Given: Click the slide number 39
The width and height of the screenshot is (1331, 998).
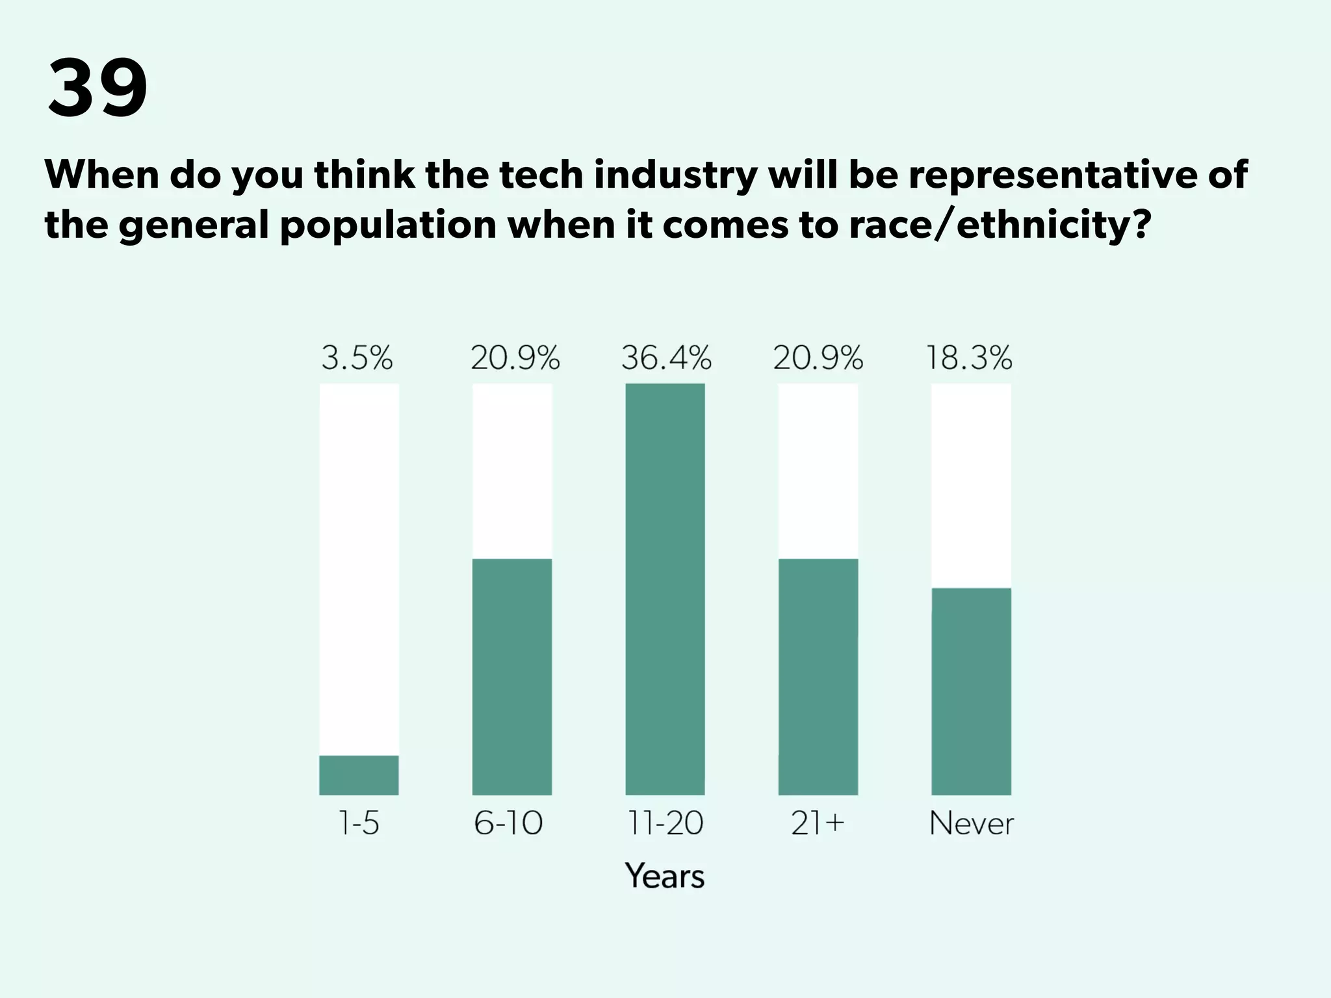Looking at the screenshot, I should point(97,88).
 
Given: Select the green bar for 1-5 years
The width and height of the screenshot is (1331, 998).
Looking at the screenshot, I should point(359,774).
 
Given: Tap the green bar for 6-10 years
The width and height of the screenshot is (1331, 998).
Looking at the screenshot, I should point(512,676).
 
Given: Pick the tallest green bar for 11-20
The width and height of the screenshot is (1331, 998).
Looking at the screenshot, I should point(665,589).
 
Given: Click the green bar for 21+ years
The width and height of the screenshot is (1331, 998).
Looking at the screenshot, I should point(818,676).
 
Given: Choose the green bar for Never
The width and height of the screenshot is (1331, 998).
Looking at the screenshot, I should point(971,691).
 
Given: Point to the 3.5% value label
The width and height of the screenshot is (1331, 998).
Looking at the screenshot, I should point(357,358).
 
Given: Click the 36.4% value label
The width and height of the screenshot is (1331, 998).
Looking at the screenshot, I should point(666,358).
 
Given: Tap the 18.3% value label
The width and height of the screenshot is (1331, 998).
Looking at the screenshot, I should point(969,358).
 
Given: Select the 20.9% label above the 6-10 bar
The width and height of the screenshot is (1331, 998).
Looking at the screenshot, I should point(515,358).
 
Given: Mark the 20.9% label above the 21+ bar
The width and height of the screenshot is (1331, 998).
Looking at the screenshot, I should point(818,358).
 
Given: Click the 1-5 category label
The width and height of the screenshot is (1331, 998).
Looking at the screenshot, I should point(359,823).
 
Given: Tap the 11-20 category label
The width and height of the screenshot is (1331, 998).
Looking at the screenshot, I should point(665,823).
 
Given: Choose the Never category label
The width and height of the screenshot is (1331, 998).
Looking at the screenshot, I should point(971,823).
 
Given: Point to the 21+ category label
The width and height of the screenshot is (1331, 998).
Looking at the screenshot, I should point(818,823).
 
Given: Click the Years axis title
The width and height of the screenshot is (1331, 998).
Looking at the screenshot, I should point(665,875).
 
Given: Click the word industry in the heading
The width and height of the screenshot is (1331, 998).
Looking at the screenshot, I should point(675,175).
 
